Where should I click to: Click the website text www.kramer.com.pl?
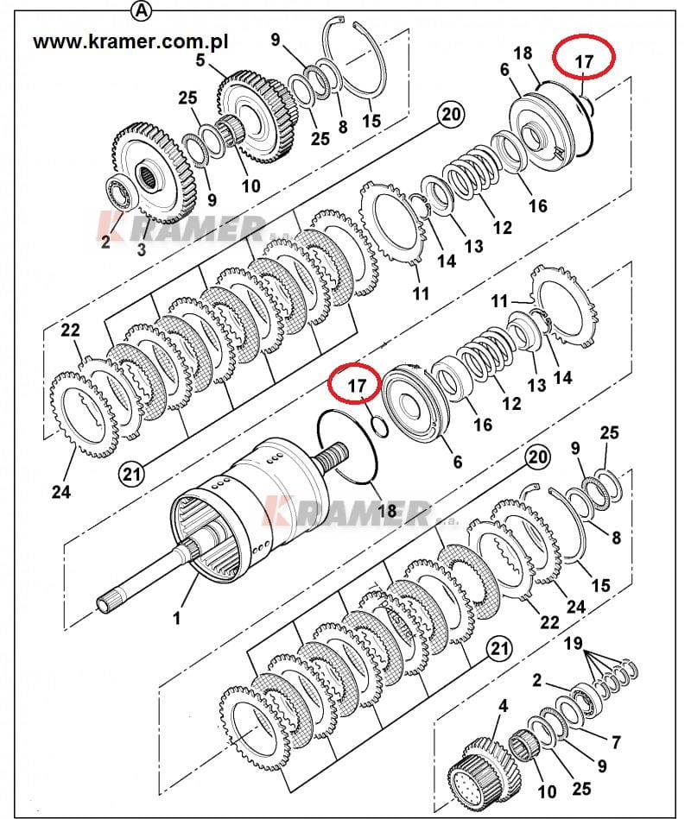(x=130, y=41)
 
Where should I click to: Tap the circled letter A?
(x=142, y=9)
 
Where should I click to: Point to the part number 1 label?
(x=177, y=618)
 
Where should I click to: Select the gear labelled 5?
(x=257, y=117)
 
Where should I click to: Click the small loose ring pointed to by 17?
(x=380, y=425)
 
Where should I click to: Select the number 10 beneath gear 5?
(x=250, y=186)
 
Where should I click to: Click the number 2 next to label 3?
(x=105, y=242)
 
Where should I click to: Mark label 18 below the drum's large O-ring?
(x=387, y=510)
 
